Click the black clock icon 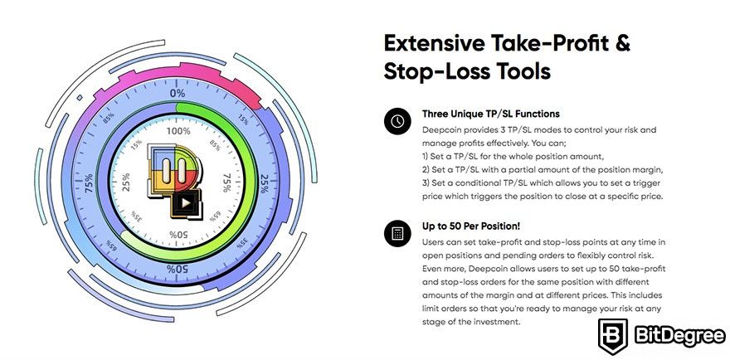tap(397, 122)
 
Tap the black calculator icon tap(397, 233)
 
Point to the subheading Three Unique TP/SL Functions tap(491, 114)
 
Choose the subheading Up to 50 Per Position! tap(471, 226)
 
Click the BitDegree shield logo tap(613, 337)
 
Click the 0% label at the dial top tap(177, 93)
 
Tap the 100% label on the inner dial tap(178, 131)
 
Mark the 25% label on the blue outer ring tap(264, 183)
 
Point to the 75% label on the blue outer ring tap(89, 183)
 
